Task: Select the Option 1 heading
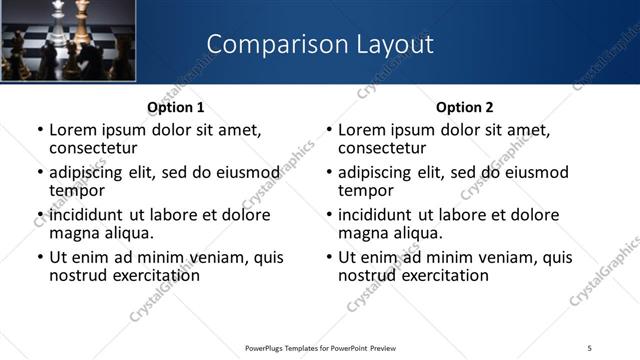[176, 107]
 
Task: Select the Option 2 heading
[464, 107]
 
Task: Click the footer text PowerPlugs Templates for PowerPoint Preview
[320, 347]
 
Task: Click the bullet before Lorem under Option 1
[39, 130]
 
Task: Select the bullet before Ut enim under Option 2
[329, 257]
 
